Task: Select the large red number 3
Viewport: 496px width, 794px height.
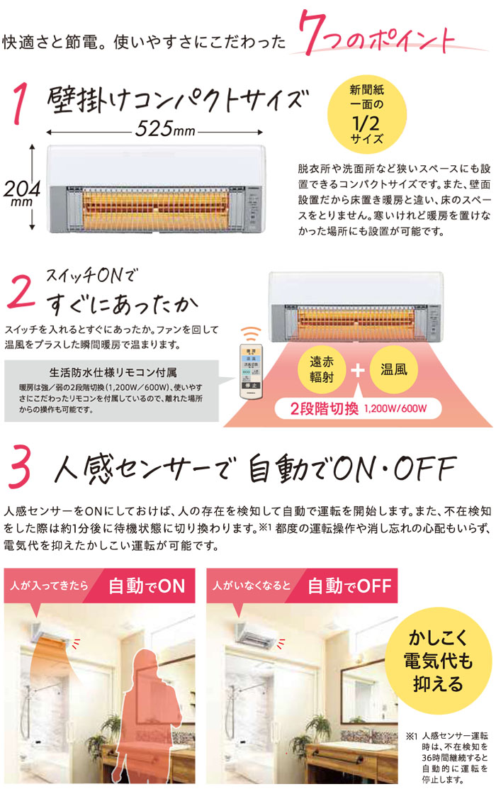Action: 21,469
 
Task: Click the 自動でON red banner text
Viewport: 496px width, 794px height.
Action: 147,586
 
